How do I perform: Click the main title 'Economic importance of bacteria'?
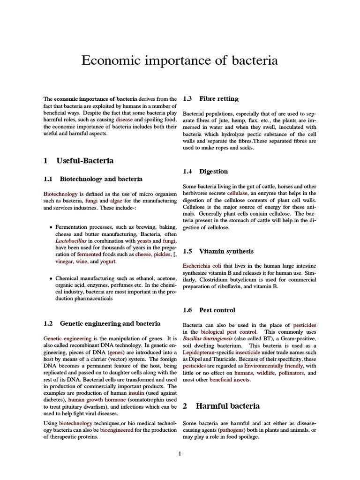coord(180,61)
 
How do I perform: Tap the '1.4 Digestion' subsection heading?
coord(205,172)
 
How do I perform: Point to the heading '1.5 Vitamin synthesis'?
coord(218,251)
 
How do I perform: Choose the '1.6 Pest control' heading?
coord(209,310)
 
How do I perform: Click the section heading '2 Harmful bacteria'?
coord(221,406)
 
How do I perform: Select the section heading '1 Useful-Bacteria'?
coord(78,161)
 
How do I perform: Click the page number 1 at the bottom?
coord(180,454)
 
